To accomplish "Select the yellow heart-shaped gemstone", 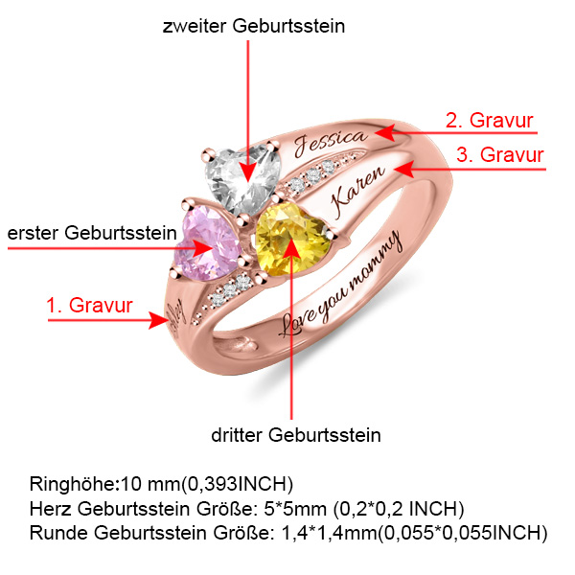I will (291, 241).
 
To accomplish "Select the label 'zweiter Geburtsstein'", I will (253, 27).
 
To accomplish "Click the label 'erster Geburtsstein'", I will (92, 232).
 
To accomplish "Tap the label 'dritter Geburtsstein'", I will (296, 435).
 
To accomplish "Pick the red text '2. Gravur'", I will (489, 121).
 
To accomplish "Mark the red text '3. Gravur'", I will (499, 154).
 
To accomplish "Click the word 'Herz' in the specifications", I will (50, 507).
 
